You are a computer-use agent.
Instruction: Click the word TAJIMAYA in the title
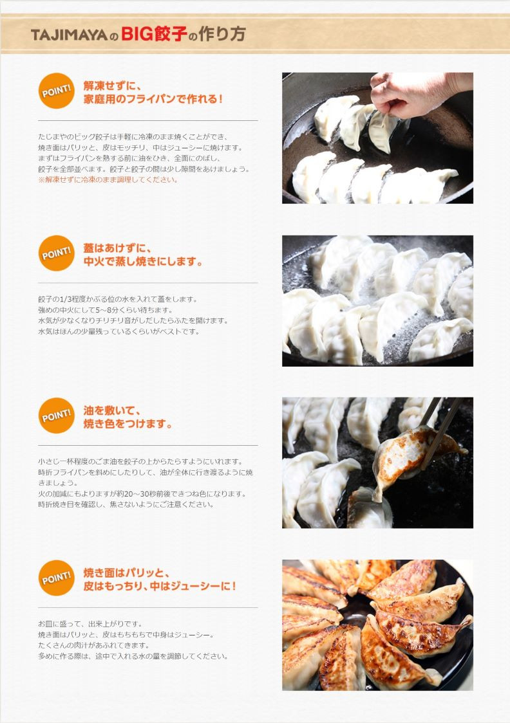[x=70, y=35]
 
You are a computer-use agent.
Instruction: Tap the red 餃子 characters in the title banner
[x=170, y=34]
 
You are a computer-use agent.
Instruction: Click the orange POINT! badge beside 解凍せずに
[x=56, y=91]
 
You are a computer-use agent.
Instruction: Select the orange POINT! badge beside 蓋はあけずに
[x=56, y=253]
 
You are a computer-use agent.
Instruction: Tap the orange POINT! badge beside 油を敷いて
[x=56, y=416]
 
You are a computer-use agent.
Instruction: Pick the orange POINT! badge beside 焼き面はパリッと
[x=56, y=578]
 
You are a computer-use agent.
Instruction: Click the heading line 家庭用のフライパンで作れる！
[x=153, y=99]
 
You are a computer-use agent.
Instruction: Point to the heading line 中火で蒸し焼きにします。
[x=142, y=261]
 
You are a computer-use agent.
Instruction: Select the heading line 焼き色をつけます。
[x=127, y=424]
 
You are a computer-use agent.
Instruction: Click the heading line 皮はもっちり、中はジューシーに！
[x=160, y=586]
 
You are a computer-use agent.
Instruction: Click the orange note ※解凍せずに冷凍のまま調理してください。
[x=108, y=180]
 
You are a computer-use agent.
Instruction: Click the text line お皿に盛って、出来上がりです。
[x=90, y=624]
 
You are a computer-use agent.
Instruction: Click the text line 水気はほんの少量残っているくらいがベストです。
[x=118, y=331]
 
